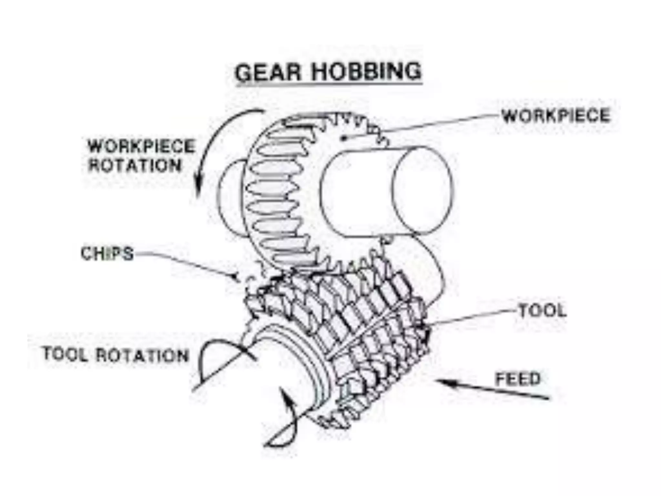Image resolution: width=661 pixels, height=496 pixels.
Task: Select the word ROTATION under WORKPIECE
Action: click(135, 165)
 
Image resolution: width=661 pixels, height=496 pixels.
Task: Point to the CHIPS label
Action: click(107, 253)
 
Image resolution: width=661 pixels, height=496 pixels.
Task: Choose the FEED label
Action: click(518, 379)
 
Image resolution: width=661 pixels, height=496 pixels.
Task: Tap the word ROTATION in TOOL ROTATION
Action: click(142, 355)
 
